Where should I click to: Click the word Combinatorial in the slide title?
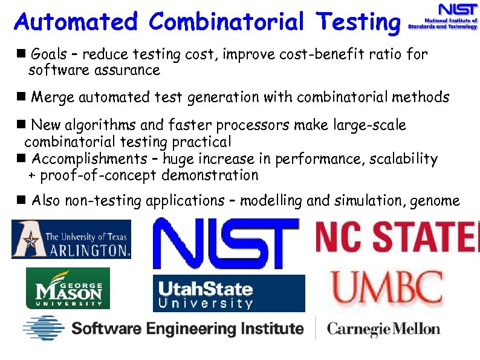226,22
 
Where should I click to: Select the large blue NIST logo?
226,243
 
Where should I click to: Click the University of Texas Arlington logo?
71,240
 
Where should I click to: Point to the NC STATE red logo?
397,237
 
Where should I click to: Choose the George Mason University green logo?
68,289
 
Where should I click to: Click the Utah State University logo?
229,293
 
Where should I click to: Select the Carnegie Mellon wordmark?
383,329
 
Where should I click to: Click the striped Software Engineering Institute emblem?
44,329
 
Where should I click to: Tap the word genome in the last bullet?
436,201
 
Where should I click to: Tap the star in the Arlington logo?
27,238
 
